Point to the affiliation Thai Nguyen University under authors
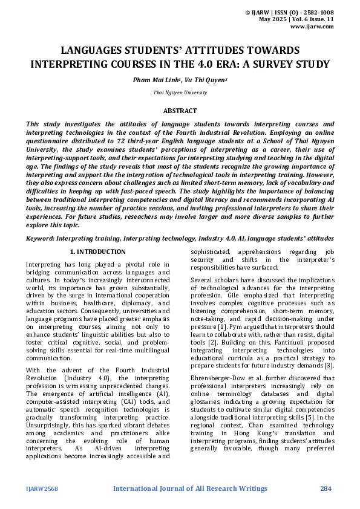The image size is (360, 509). pyautogui.click(x=180, y=93)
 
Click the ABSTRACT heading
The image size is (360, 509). pyautogui.click(x=180, y=111)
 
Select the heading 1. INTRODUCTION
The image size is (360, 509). pyautogui.click(x=98, y=251)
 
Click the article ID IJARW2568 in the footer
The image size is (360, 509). pyautogui.click(x=42, y=488)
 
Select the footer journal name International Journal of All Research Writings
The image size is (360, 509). pyautogui.click(x=190, y=488)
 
